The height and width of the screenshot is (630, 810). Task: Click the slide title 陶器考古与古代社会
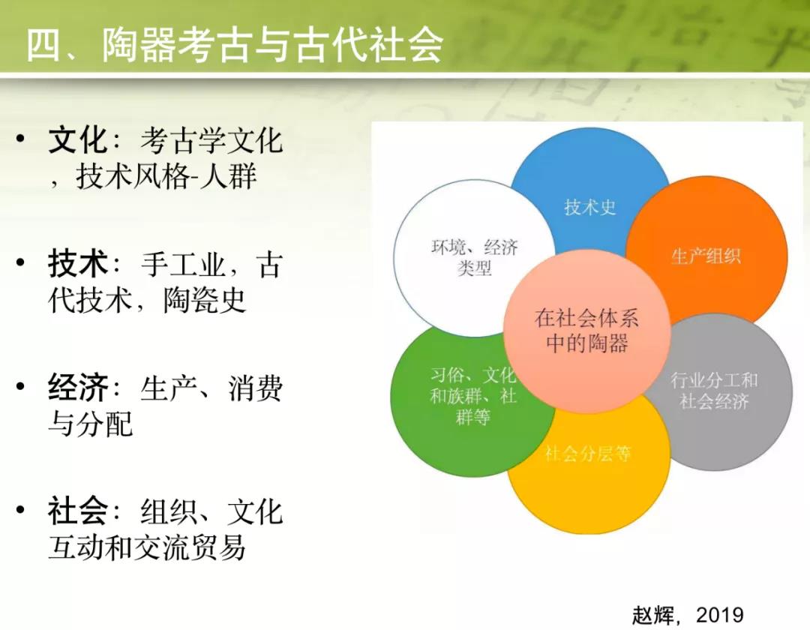click(272, 46)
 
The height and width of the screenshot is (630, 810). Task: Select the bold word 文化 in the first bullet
click(77, 139)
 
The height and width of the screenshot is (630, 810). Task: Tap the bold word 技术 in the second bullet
click(77, 263)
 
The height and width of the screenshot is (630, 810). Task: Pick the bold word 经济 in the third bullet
click(77, 387)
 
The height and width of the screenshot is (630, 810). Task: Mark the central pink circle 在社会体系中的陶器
click(586, 331)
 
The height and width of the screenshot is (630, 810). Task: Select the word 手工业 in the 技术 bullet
click(183, 264)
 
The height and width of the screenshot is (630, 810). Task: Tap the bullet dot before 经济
click(21, 386)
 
